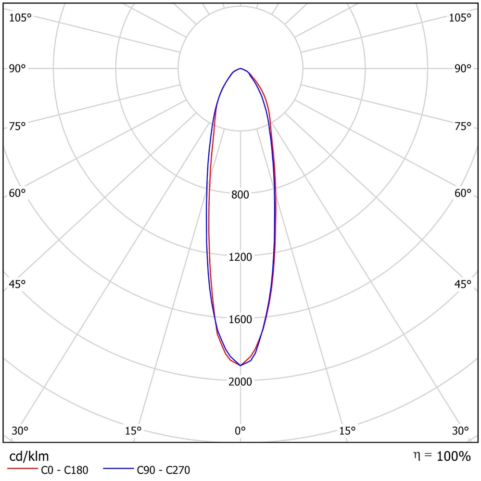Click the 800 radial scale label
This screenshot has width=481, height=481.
[x=240, y=194]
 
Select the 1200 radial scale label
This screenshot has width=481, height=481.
[x=240, y=257]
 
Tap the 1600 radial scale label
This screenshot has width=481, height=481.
[x=240, y=319]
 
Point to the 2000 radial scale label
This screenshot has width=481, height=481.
[x=240, y=381]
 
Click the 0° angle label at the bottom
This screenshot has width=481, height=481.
[x=240, y=430]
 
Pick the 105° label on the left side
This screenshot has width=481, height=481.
[x=20, y=18]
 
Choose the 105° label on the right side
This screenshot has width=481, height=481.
[x=460, y=18]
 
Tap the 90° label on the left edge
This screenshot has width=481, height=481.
[x=17, y=68]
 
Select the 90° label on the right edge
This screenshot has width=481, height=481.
[x=463, y=68]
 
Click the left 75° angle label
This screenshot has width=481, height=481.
[x=17, y=126]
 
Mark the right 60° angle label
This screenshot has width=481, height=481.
[x=463, y=193]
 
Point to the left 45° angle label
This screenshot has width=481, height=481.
[x=17, y=284]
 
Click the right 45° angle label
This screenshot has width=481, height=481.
[x=463, y=284]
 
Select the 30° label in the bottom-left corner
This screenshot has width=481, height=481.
[x=20, y=430]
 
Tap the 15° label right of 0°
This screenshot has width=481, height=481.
[x=348, y=430]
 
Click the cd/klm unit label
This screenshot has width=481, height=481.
[x=29, y=456]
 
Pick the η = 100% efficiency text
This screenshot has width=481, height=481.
[x=442, y=456]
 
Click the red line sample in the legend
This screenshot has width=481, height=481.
[x=23, y=468]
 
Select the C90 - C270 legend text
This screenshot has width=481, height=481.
[x=163, y=470]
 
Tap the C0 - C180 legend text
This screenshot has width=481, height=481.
[x=64, y=470]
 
